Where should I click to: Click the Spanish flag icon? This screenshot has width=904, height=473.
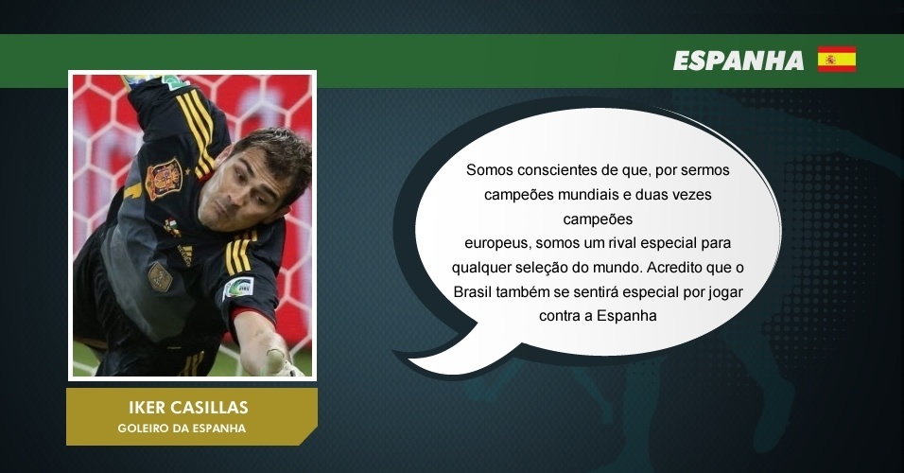pos(837,59)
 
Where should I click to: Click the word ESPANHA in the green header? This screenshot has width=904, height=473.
pos(739,61)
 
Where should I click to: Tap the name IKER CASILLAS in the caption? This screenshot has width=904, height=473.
pos(188,407)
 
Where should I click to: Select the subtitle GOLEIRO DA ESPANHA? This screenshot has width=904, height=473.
pos(182,429)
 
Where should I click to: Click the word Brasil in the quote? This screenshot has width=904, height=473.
pos(473,292)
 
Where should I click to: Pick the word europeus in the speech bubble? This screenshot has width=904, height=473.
pos(497,244)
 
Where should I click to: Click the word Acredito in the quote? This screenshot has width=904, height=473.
pos(674,268)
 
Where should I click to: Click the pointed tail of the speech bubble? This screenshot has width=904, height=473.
pos(404,358)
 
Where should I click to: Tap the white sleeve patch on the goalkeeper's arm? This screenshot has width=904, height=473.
pos(238,288)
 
